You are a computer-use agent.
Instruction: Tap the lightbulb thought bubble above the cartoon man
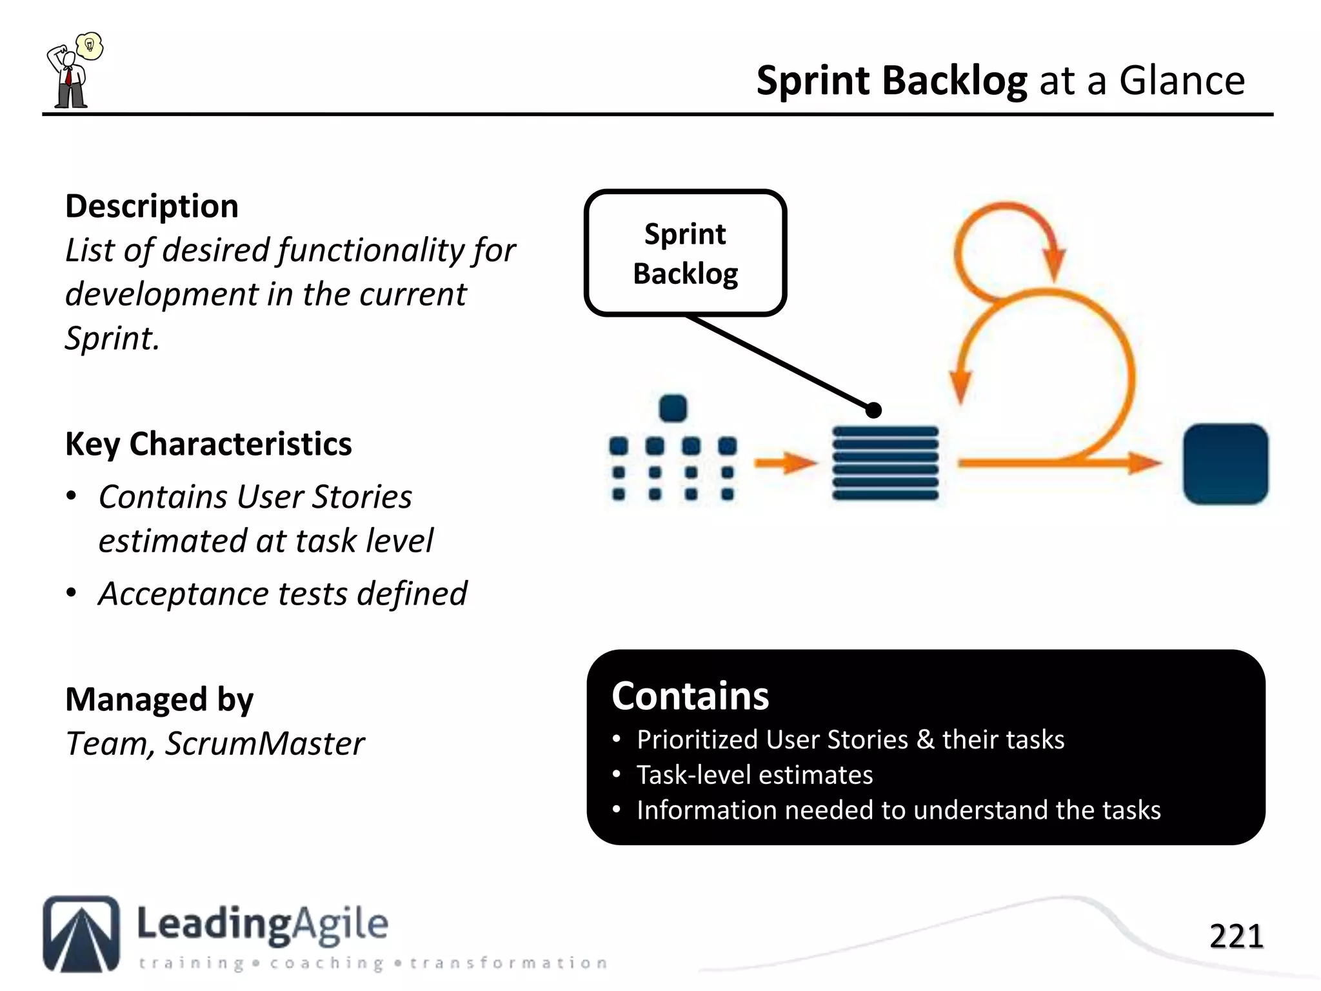pyautogui.click(x=90, y=46)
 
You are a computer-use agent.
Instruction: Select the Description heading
pyautogui.click(x=152, y=206)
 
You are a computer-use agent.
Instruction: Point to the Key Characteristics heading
pyautogui.click(x=208, y=444)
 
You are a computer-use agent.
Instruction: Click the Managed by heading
pyautogui.click(x=159, y=699)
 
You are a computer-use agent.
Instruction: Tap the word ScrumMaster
pyautogui.click(x=264, y=743)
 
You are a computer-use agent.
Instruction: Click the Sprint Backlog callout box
pyautogui.click(x=685, y=253)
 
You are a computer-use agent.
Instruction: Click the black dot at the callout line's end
pyautogui.click(x=873, y=410)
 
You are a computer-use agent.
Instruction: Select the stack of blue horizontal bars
pyautogui.click(x=885, y=463)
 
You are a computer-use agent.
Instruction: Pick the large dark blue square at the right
pyautogui.click(x=1225, y=464)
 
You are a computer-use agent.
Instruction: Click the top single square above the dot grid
pyautogui.click(x=673, y=408)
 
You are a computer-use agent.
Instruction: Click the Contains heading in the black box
pyautogui.click(x=690, y=696)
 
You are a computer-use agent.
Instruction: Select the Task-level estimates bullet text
pyautogui.click(x=755, y=775)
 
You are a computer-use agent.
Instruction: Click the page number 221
pyautogui.click(x=1236, y=936)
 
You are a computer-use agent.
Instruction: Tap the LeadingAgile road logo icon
pyautogui.click(x=81, y=933)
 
